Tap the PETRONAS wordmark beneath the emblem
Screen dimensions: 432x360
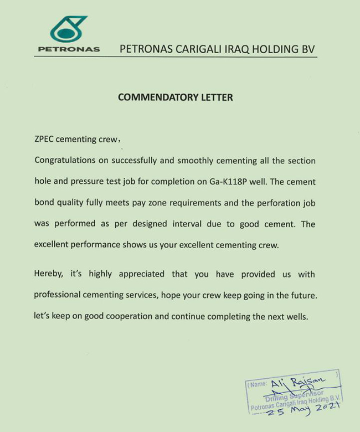(x=69, y=49)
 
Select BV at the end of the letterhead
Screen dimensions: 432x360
(x=306, y=48)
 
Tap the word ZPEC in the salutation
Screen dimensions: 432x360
(x=45, y=140)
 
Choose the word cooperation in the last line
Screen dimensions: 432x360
(x=148, y=316)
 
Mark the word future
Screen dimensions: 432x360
(x=301, y=295)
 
